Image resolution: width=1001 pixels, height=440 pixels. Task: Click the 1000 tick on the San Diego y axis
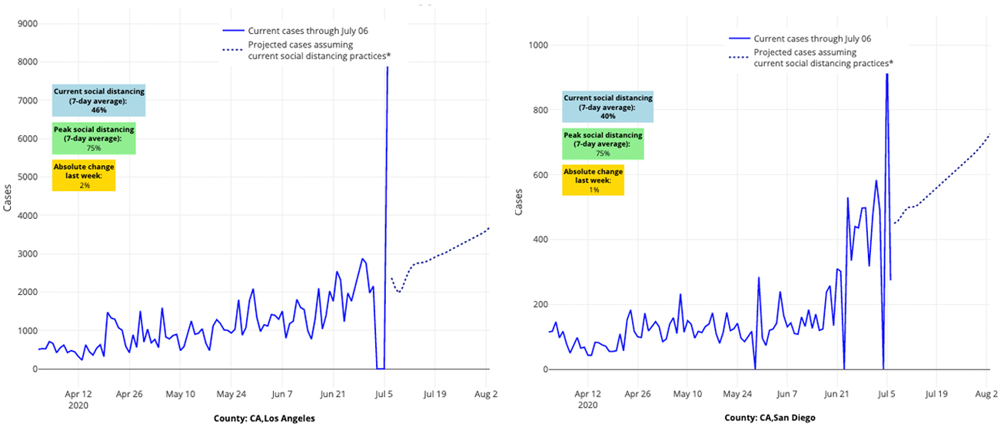[x=537, y=45]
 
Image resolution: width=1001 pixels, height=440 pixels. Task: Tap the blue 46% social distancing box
[x=98, y=101]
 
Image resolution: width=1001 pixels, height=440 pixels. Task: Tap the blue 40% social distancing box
[x=607, y=107]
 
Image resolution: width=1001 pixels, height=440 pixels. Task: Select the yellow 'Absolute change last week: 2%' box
[x=83, y=176]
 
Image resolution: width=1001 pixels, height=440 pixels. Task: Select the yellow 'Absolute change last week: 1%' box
[x=593, y=180]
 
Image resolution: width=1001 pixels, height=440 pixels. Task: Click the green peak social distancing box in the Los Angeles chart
[x=94, y=138]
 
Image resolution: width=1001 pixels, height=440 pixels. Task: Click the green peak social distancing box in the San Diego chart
[x=603, y=144]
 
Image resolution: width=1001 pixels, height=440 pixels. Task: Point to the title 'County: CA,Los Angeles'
[x=264, y=418]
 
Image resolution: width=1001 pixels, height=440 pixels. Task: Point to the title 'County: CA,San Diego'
[x=770, y=418]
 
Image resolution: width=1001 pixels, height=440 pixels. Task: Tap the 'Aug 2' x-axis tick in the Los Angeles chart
[x=487, y=394]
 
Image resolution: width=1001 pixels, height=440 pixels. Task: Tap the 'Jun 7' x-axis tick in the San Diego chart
[x=786, y=394]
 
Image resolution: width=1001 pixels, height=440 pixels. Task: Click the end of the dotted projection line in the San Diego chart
[x=989, y=134]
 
